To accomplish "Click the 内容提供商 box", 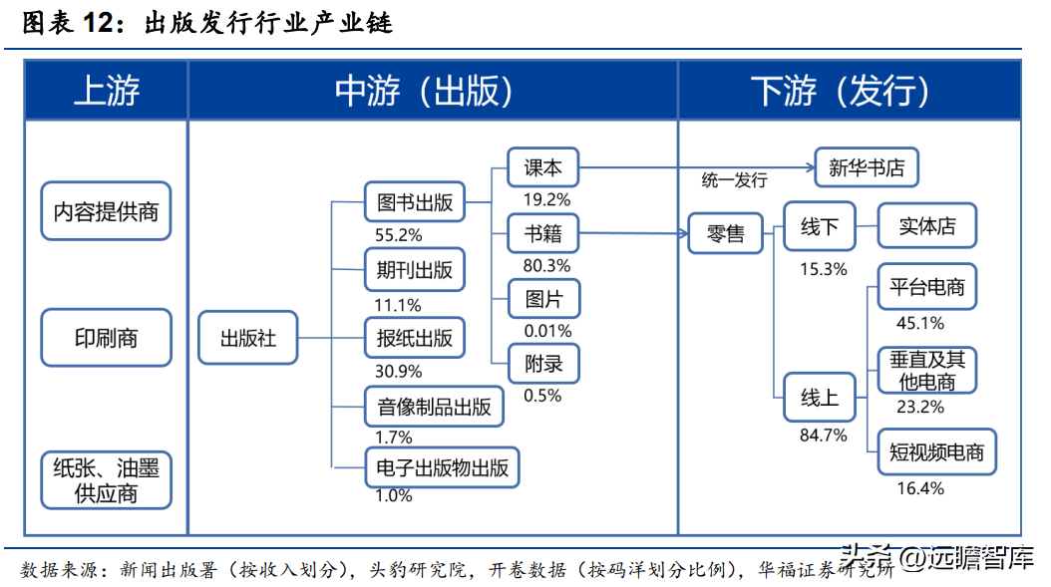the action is click(106, 211).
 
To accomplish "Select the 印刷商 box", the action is click(106, 338).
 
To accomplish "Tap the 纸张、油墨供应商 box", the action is click(106, 480).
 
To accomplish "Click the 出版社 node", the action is click(248, 338).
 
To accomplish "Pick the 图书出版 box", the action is click(415, 201).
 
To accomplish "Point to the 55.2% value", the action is click(398, 235).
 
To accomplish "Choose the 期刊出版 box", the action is click(415, 269).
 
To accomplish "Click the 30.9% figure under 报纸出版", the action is click(398, 371).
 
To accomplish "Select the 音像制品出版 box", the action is click(434, 406).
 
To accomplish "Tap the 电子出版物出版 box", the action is click(443, 467).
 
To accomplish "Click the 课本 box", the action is click(542, 166).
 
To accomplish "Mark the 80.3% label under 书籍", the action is click(546, 265).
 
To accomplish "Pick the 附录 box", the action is click(543, 364).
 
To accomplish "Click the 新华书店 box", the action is click(867, 166).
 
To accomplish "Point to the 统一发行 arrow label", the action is click(735, 180).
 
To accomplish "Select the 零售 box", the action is click(725, 233).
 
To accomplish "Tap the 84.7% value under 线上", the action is click(823, 436).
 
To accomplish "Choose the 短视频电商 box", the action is click(936, 452).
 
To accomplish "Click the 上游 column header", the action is click(106, 91).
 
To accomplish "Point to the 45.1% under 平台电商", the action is click(919, 323).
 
